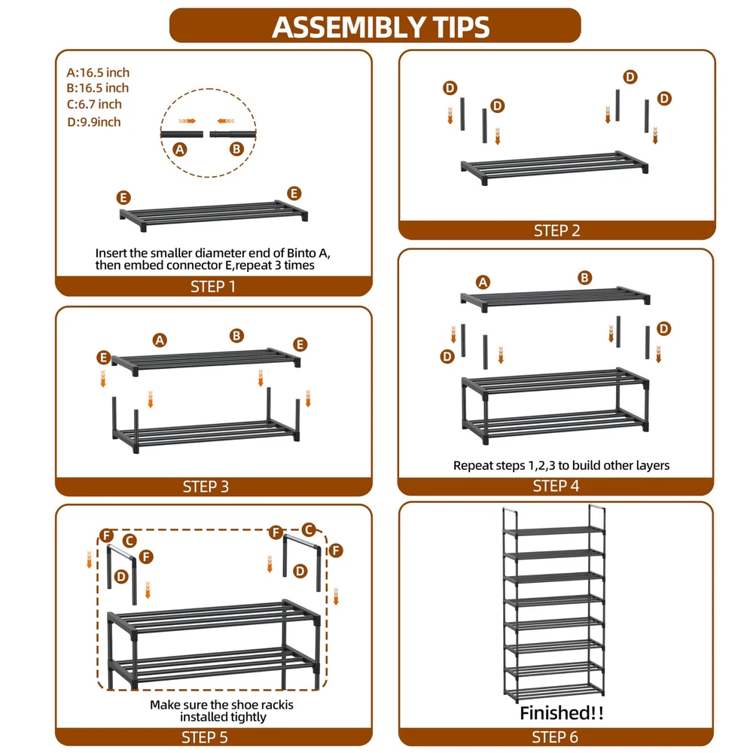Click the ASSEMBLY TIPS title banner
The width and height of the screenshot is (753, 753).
click(x=375, y=26)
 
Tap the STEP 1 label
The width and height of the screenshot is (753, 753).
click(x=213, y=287)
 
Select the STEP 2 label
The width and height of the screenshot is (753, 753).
click(x=557, y=231)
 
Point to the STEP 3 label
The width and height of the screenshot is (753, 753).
click(x=206, y=486)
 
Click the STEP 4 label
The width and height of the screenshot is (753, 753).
click(x=556, y=486)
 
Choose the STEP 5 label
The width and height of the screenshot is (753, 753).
click(x=205, y=737)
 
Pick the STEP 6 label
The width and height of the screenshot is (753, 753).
click(x=555, y=736)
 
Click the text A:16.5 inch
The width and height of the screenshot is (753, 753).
click(x=98, y=72)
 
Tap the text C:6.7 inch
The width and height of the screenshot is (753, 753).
click(x=94, y=104)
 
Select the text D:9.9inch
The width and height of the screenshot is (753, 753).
click(x=94, y=122)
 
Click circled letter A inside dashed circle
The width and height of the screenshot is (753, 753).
click(x=180, y=149)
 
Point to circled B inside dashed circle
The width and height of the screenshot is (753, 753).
click(x=236, y=149)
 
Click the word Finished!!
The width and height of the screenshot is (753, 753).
click(x=562, y=712)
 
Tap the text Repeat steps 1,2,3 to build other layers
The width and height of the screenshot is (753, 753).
click(x=562, y=465)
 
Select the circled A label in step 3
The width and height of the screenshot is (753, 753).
click(x=160, y=340)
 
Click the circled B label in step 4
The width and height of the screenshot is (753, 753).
click(x=584, y=278)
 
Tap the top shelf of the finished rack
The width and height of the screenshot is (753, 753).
click(x=553, y=530)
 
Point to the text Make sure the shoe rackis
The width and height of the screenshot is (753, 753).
click(x=221, y=705)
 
